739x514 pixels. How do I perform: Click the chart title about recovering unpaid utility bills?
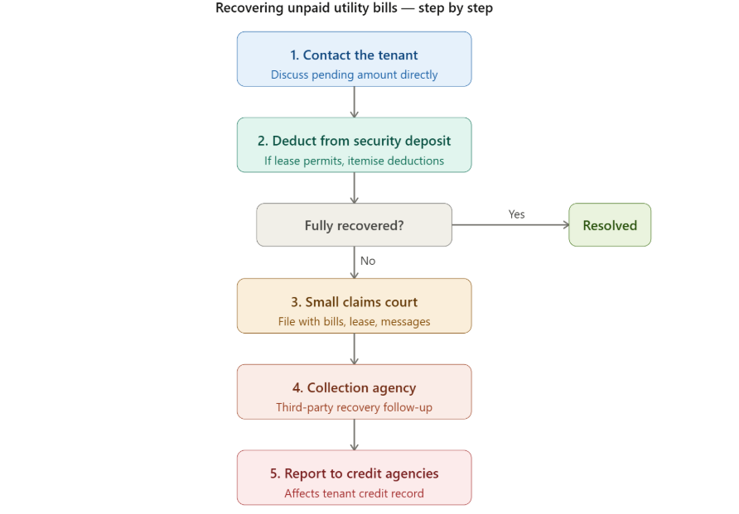tap(354, 8)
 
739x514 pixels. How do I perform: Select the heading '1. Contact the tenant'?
tap(354, 55)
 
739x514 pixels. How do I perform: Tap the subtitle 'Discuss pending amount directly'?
tap(354, 74)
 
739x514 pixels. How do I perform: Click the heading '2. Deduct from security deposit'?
tap(354, 141)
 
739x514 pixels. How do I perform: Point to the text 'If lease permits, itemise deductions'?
tap(354, 161)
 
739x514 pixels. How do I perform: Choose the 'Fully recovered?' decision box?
tap(354, 225)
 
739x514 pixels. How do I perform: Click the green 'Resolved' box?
tap(610, 225)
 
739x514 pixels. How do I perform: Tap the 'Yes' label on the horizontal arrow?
tap(516, 214)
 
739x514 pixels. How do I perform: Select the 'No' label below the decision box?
tap(368, 261)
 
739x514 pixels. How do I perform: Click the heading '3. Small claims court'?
tap(354, 302)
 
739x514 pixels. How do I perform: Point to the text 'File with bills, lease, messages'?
tap(354, 321)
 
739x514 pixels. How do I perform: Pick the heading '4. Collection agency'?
tap(354, 388)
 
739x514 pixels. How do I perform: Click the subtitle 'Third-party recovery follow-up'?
tap(354, 407)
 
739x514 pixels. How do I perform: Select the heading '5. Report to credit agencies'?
tap(354, 474)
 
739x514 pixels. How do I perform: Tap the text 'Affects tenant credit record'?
tap(354, 493)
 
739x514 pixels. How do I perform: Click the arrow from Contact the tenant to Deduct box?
tap(355, 102)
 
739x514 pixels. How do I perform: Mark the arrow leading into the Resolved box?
tap(510, 225)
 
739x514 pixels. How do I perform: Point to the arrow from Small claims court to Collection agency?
tap(355, 348)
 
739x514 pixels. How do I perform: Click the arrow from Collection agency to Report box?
tap(355, 435)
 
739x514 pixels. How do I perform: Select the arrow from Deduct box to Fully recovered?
tap(355, 188)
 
